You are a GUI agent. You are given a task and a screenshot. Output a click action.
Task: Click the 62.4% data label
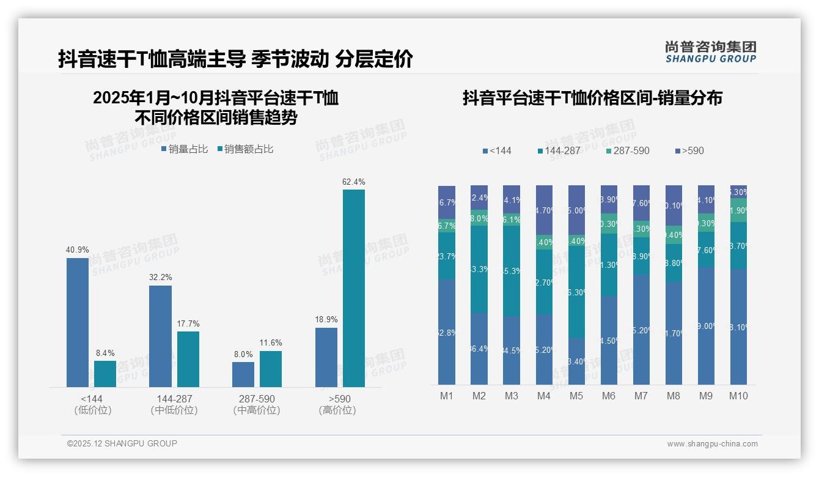click(x=354, y=182)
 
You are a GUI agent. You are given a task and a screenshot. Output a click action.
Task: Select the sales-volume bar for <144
click(x=78, y=322)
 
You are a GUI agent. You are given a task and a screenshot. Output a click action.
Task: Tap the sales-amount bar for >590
click(x=354, y=288)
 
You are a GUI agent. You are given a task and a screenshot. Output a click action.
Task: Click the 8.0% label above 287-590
click(x=243, y=354)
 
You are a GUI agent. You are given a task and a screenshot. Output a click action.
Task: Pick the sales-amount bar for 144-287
click(x=188, y=359)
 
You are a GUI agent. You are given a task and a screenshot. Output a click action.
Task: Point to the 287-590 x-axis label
click(x=257, y=399)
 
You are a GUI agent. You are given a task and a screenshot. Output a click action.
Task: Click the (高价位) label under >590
click(x=337, y=410)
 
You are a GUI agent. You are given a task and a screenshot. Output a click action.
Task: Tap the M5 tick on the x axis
click(x=576, y=396)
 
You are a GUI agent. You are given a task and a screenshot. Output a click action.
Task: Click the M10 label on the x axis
click(x=738, y=396)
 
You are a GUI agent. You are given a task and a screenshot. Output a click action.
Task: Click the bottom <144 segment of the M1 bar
click(x=447, y=332)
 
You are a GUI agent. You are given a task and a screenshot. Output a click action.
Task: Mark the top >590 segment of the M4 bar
click(x=544, y=210)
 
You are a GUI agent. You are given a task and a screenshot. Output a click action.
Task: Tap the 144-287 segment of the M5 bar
click(x=576, y=292)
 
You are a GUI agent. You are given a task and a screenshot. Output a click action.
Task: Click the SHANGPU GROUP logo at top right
click(x=710, y=52)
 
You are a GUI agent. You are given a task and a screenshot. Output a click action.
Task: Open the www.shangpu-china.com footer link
click(x=712, y=444)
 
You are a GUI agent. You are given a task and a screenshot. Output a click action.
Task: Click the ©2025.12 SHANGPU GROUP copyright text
click(x=122, y=443)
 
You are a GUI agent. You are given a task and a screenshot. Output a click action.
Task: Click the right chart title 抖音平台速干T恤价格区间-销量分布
click(x=592, y=98)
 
